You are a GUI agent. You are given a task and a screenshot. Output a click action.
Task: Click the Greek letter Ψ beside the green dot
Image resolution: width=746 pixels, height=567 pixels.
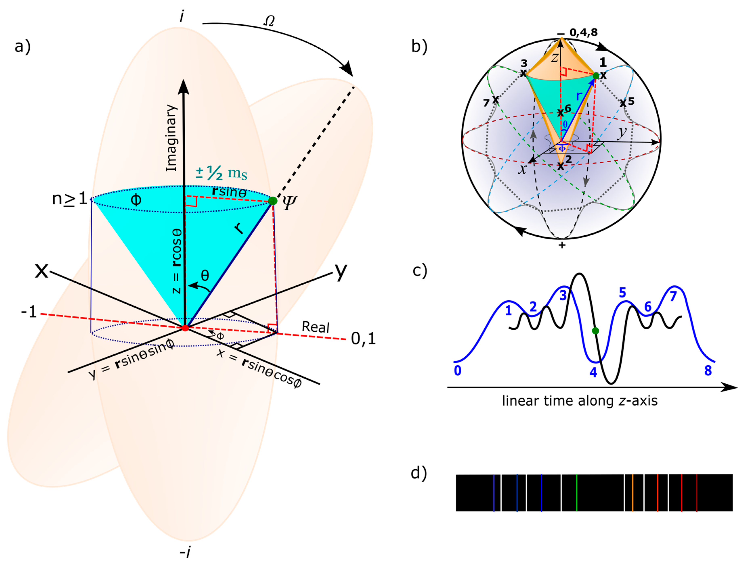(x=289, y=203)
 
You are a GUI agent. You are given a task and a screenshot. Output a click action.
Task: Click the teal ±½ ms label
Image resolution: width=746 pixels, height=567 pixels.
(x=221, y=173)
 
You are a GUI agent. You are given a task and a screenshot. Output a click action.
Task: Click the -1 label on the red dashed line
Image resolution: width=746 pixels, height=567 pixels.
(x=29, y=312)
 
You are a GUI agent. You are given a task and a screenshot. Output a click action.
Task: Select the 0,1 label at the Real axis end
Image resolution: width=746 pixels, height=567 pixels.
(x=363, y=338)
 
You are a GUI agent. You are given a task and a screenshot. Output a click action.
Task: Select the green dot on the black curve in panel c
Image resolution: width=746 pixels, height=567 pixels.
(x=595, y=331)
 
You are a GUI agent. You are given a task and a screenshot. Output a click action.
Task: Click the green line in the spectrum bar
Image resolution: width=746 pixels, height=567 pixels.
(x=576, y=493)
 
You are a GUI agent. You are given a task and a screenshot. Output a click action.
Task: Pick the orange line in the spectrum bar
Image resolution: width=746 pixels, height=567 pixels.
(x=633, y=493)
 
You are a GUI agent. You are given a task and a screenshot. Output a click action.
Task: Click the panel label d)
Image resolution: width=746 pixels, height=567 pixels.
(x=419, y=472)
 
